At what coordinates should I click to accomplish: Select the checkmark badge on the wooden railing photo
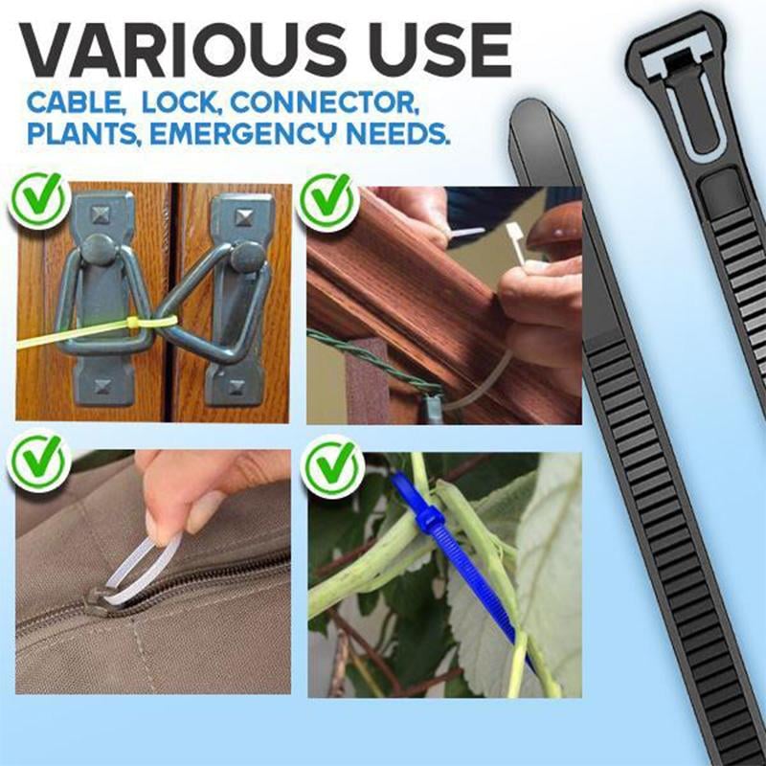[325, 199]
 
